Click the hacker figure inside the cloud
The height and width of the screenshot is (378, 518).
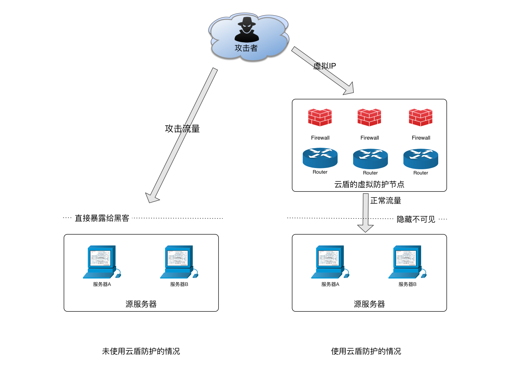pyautogui.click(x=247, y=30)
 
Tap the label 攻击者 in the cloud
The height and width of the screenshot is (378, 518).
pyautogui.click(x=246, y=48)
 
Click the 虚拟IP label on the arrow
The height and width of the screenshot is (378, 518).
pyautogui.click(x=324, y=66)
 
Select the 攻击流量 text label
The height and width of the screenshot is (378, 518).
pyautogui.click(x=182, y=128)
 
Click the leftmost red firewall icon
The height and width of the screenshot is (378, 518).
pyautogui.click(x=320, y=117)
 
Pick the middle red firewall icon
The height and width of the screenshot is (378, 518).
pyautogui.click(x=369, y=117)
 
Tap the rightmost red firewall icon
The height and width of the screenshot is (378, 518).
pyautogui.click(x=421, y=117)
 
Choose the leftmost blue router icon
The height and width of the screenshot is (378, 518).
pyautogui.click(x=320, y=158)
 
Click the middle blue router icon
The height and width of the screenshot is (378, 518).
pyautogui.click(x=370, y=159)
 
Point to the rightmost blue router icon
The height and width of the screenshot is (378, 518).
pyautogui.click(x=421, y=159)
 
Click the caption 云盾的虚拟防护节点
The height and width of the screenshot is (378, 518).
pyautogui.click(x=369, y=184)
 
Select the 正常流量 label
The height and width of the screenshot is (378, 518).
pyautogui.click(x=385, y=201)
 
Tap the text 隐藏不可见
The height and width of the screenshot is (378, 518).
pyautogui.click(x=416, y=219)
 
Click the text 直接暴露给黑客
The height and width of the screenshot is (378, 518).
pyautogui.click(x=102, y=218)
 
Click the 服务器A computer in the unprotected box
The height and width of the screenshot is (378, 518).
pyautogui.click(x=101, y=262)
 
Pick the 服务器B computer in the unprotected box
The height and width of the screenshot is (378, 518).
pyautogui.click(x=179, y=262)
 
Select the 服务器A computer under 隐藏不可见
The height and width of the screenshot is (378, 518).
pyautogui.click(x=330, y=262)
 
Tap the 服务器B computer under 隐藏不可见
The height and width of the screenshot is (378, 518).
pyautogui.click(x=407, y=262)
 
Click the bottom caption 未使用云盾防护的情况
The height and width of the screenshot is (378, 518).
pyautogui.click(x=141, y=351)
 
